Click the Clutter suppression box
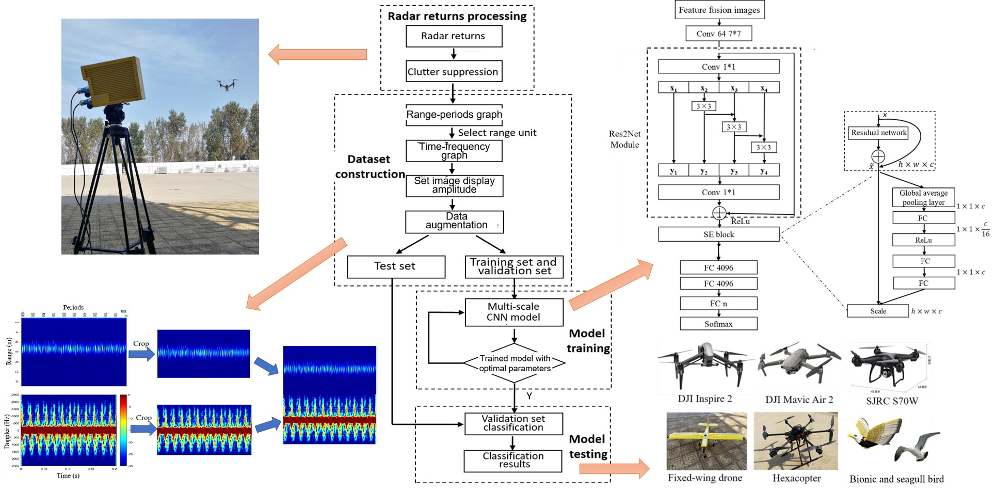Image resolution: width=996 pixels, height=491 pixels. coord(454,72)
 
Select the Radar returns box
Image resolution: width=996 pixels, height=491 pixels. coord(454,36)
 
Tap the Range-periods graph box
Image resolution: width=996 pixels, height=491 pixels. coord(454,115)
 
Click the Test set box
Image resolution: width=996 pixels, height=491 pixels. coord(396,266)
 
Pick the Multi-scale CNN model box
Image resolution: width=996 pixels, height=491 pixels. coord(514,312)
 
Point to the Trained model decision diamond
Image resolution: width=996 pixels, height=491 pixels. coord(515,363)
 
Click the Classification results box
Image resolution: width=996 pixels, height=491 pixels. coord(513,461)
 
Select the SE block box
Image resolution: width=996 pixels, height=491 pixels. coord(718,234)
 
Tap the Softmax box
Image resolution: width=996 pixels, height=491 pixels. coord(718,324)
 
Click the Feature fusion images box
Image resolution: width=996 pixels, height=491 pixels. coord(719,10)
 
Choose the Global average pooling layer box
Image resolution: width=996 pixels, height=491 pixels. coord(923,197)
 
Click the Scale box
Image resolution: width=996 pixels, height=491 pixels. coord(878,311)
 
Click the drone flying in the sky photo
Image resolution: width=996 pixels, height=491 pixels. coord(227,85)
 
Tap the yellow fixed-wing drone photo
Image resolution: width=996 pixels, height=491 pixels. coord(706,440)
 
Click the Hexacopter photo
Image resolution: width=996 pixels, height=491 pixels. coord(795,440)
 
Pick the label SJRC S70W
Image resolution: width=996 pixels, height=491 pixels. coord(892,401)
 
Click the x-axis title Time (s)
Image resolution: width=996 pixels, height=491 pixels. coord(68,476)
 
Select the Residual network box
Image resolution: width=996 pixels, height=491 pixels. coord(878,133)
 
